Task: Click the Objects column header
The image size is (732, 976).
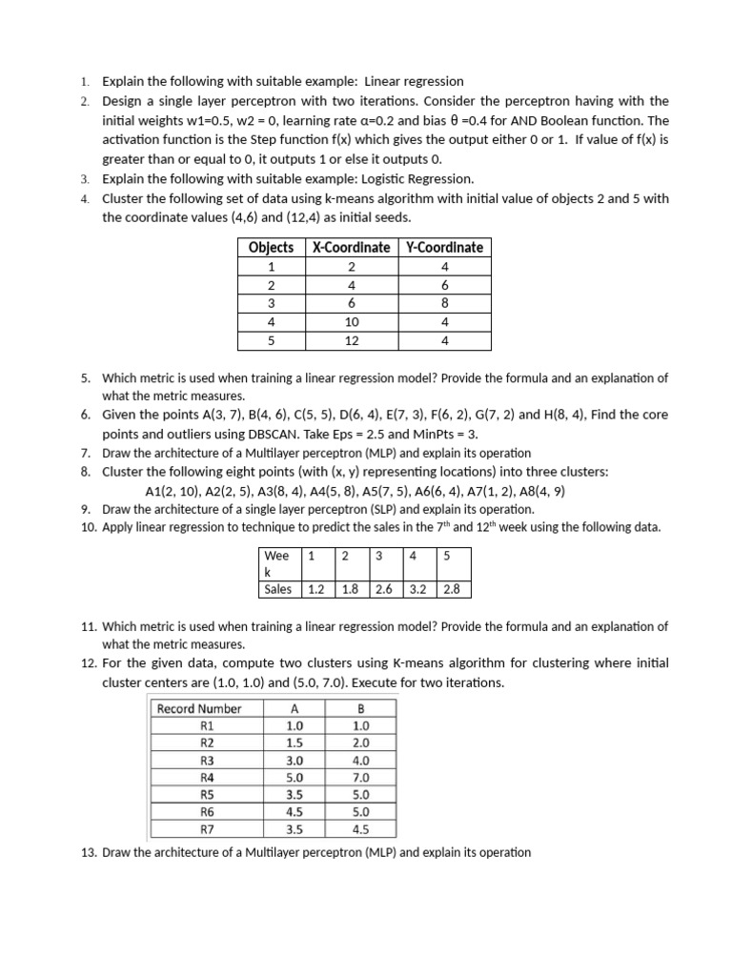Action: coord(271,248)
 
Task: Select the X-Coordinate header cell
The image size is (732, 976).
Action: coord(351,248)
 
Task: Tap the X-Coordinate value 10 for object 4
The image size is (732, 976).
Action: coord(351,322)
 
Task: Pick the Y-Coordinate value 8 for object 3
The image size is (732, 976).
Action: coord(444,303)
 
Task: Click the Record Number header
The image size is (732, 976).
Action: coord(199,708)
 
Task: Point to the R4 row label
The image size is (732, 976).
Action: coord(208,777)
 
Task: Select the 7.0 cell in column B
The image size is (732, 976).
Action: coord(361,777)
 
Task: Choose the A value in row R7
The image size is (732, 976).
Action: coord(295,829)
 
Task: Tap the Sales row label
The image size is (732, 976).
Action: coord(278,589)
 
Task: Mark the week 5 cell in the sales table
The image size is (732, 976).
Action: coord(447,555)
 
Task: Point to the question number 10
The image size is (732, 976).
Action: coord(88,527)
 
